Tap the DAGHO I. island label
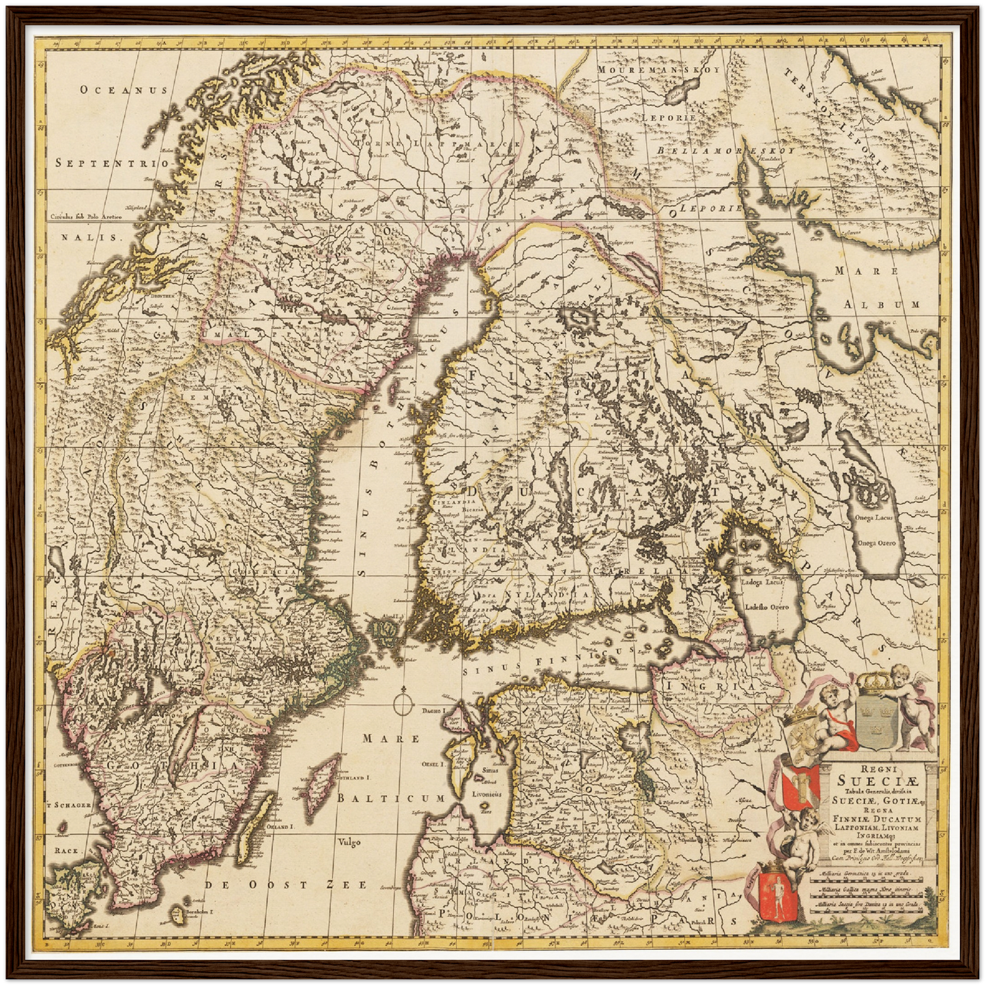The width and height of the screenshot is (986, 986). click(x=433, y=711)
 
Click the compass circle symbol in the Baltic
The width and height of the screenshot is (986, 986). click(x=403, y=701)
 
